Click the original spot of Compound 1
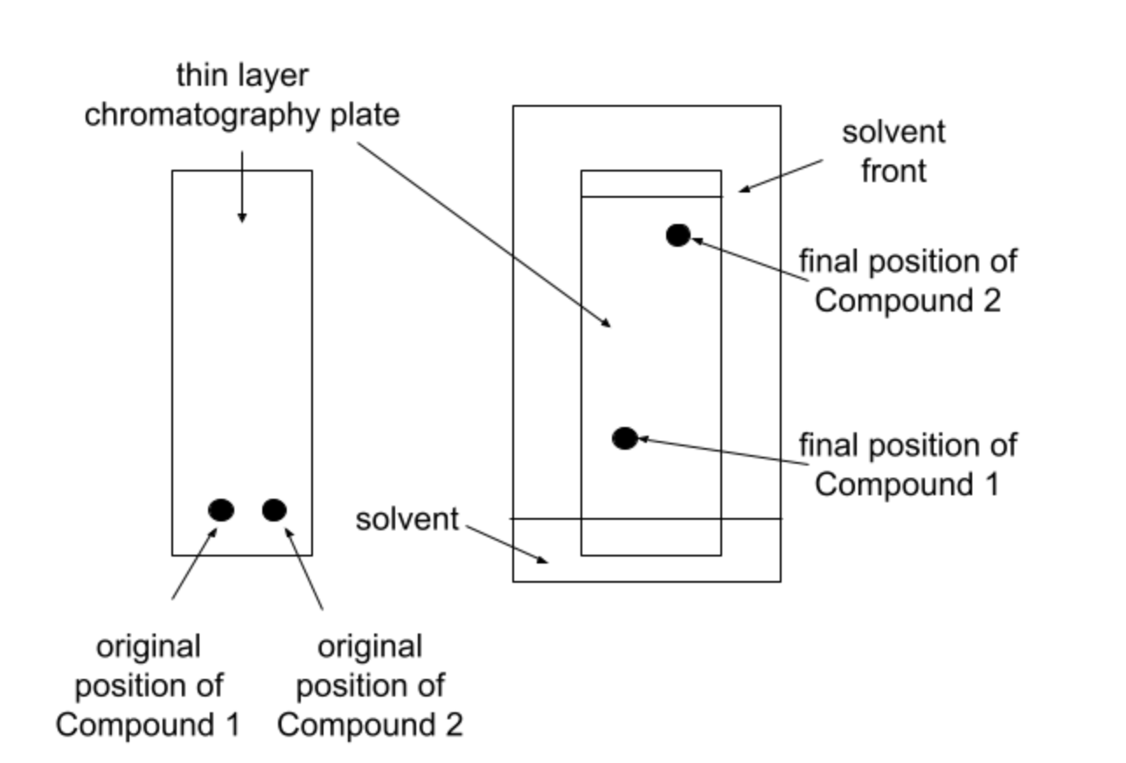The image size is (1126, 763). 221,509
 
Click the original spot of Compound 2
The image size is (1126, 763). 275,509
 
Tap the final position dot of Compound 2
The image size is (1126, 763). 678,234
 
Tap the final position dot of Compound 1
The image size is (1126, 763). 624,438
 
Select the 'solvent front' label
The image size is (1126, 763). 893,150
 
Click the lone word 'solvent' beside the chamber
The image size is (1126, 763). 407,519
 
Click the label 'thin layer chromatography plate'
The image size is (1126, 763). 242,95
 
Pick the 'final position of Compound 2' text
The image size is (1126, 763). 907,281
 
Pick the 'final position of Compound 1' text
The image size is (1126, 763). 907,464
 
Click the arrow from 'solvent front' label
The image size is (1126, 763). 781,175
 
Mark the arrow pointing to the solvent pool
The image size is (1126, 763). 507,543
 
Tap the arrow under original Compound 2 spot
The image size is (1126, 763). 305,569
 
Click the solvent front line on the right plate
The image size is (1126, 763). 651,197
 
